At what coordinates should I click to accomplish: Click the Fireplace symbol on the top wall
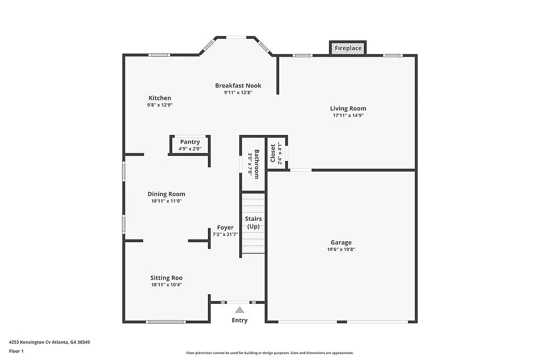348,48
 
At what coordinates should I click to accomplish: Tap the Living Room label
348,108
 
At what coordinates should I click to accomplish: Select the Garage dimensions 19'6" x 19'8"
341,249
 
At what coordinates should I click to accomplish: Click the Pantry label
190,142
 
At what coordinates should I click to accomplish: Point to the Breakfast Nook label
238,85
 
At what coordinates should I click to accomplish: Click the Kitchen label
160,98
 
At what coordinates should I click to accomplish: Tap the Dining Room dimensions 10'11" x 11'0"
166,201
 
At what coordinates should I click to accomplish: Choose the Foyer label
225,227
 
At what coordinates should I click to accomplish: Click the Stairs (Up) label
253,222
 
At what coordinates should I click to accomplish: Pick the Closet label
273,153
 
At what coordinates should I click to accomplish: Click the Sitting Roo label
166,278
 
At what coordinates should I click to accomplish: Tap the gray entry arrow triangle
239,309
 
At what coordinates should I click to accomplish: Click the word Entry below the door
239,320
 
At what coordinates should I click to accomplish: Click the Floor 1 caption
16,351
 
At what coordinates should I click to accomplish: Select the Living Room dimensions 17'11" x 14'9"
348,116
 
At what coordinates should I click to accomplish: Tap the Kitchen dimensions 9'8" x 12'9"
160,105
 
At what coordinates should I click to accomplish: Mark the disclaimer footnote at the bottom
270,352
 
